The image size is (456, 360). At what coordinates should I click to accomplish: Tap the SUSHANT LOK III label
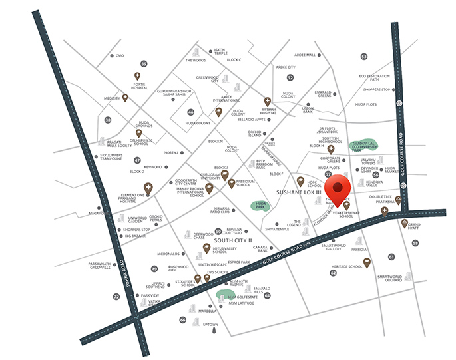(300, 192)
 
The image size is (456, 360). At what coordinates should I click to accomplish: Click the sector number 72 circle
(116, 296)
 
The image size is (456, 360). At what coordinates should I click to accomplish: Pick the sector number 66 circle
(182, 319)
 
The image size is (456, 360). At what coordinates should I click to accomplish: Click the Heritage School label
(351, 266)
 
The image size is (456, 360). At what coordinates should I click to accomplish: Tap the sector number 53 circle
(364, 57)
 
